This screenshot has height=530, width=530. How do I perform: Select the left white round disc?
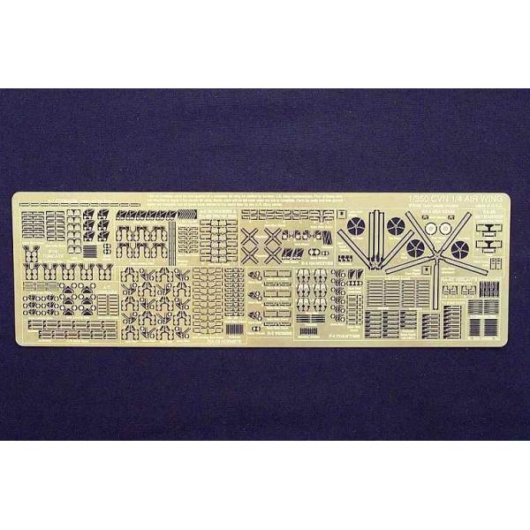coord(431,227)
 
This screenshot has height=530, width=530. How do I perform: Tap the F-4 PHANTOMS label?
coord(314,337)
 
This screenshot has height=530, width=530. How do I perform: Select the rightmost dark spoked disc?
coord(458,250)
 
